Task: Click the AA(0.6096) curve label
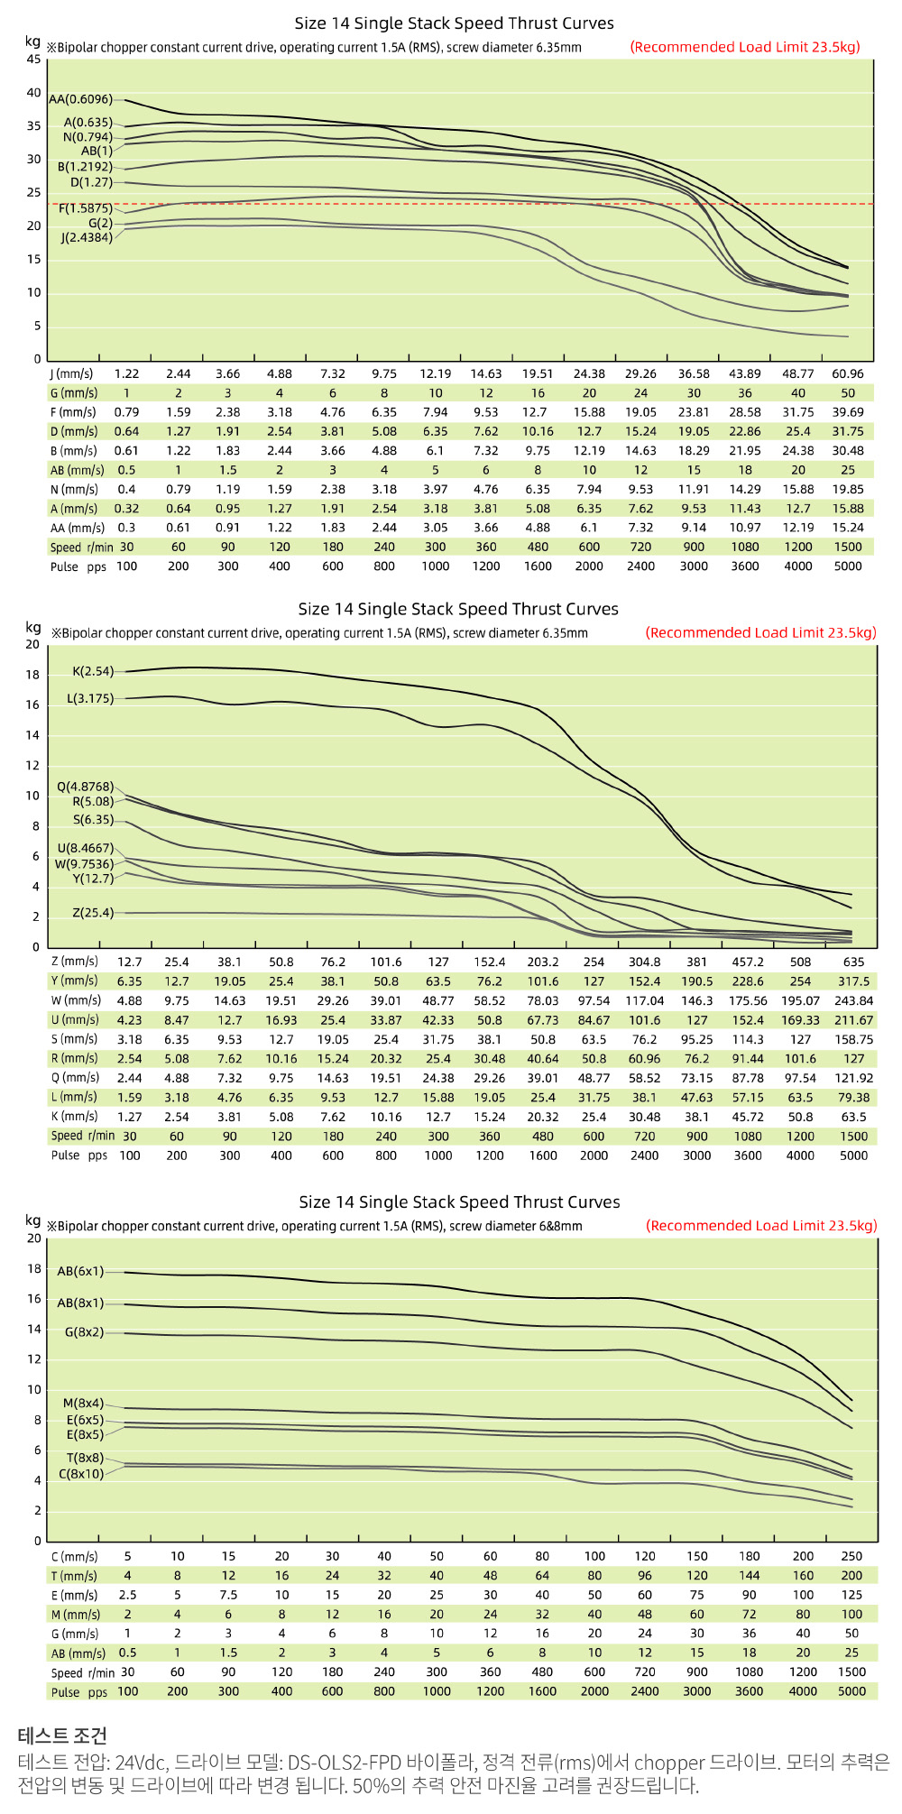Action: [80, 99]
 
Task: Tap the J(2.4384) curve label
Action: [87, 238]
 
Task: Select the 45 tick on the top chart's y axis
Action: [33, 60]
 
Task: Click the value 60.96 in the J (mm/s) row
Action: [847, 373]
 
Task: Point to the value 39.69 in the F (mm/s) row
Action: [847, 412]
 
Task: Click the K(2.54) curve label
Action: [93, 671]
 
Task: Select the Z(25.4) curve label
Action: [93, 913]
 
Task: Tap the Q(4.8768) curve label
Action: [86, 787]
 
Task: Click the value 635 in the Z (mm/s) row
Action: [853, 962]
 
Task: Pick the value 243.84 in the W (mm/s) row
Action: [853, 1000]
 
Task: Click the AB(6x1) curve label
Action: [80, 1271]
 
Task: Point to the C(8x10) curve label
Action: [81, 1474]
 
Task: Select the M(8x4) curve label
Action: [83, 1404]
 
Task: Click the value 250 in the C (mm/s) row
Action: [851, 1556]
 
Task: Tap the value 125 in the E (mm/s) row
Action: [851, 1595]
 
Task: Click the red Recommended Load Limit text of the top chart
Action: [745, 47]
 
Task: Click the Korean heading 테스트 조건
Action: [62, 1736]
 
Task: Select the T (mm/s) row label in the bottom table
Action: [74, 1576]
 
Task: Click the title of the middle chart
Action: [458, 609]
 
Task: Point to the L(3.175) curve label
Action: [90, 699]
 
